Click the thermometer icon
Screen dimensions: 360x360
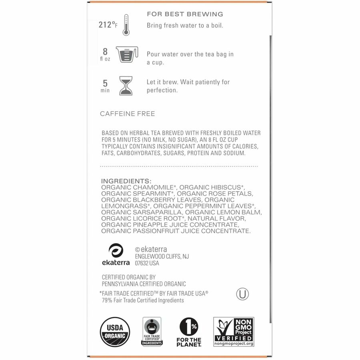pos(126,25)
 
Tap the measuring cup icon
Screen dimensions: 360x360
pos(126,54)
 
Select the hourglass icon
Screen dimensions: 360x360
pos(126,86)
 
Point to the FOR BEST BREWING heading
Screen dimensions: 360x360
pos(184,14)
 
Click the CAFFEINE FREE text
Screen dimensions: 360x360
pos(127,114)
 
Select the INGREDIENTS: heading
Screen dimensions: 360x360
pos(126,181)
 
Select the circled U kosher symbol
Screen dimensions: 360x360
pos(242,294)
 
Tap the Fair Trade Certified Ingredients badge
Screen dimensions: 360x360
pos(152,332)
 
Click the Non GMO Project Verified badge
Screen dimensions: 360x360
pos(234,332)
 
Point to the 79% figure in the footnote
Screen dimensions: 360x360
pos(107,300)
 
